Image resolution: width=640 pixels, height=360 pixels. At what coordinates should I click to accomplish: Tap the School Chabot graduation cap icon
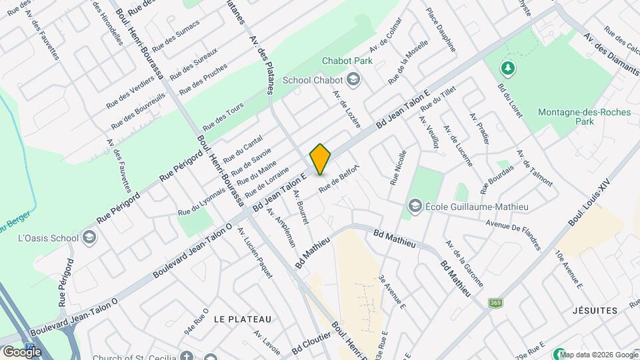tap(353, 80)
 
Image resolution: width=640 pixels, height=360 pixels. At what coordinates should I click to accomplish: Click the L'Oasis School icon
tap(88, 237)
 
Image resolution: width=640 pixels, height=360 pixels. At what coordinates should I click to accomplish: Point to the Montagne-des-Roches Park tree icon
tap(508, 67)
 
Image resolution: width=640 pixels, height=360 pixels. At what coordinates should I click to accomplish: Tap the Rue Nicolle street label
tap(399, 167)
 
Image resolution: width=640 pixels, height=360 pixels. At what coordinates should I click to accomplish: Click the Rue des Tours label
tap(223, 116)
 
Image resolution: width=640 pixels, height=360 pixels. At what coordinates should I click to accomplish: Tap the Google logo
tap(21, 351)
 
